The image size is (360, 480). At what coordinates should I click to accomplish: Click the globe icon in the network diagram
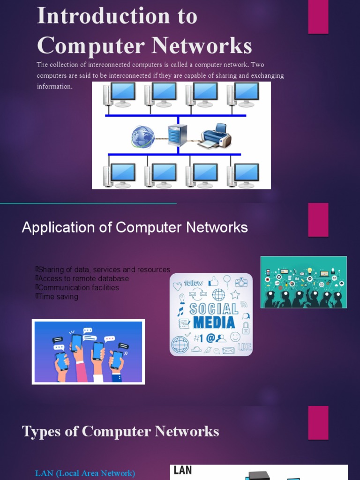coord(143,136)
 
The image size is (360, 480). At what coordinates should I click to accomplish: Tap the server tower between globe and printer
coord(178,135)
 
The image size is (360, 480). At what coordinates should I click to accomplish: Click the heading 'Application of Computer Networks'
coord(135,228)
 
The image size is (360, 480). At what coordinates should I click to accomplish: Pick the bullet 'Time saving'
coord(58,297)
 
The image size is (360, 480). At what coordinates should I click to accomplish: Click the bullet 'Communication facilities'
coord(78,288)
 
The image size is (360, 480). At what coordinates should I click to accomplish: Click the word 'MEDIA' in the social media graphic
coord(213,322)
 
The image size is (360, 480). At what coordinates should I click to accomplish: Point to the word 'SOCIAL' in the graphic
coord(214,308)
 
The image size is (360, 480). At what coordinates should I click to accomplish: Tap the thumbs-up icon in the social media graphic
coord(213,281)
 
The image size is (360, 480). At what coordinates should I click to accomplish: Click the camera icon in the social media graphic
coord(241,282)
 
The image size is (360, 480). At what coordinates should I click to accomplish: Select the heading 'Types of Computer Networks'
coord(120,431)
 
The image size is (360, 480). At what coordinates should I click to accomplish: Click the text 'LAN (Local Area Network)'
coord(85,473)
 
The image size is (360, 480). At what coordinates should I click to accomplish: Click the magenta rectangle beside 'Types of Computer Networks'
coord(318,423)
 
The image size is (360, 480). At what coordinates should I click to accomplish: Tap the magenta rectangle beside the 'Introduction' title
coord(318,17)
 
